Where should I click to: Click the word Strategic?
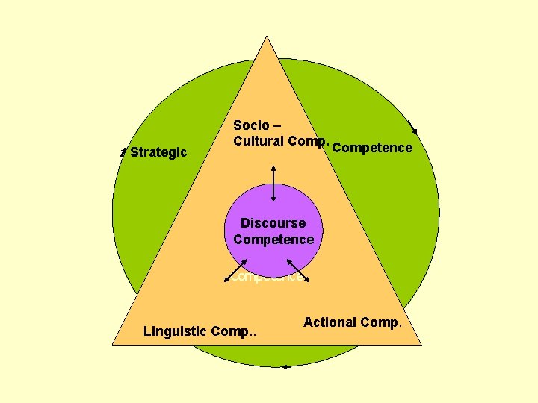coord(158,152)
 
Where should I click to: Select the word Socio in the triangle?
coord(251,125)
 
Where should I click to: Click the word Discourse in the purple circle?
coord(273,223)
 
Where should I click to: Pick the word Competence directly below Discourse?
coord(273,240)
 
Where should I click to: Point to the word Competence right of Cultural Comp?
coord(372,148)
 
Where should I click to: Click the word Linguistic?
coord(176,331)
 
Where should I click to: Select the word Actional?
coord(330,322)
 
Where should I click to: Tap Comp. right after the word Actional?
coord(381,322)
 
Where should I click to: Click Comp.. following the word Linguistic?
coord(234,331)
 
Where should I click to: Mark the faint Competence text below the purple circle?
coord(267,277)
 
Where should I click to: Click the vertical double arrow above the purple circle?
coord(273,182)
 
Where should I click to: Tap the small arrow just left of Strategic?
coord(123,152)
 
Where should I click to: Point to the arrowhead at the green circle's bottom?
coord(285,366)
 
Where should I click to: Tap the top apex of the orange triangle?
coord(267,37)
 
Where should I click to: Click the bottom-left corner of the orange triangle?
coord(113,344)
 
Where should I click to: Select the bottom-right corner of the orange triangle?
coord(421,344)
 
